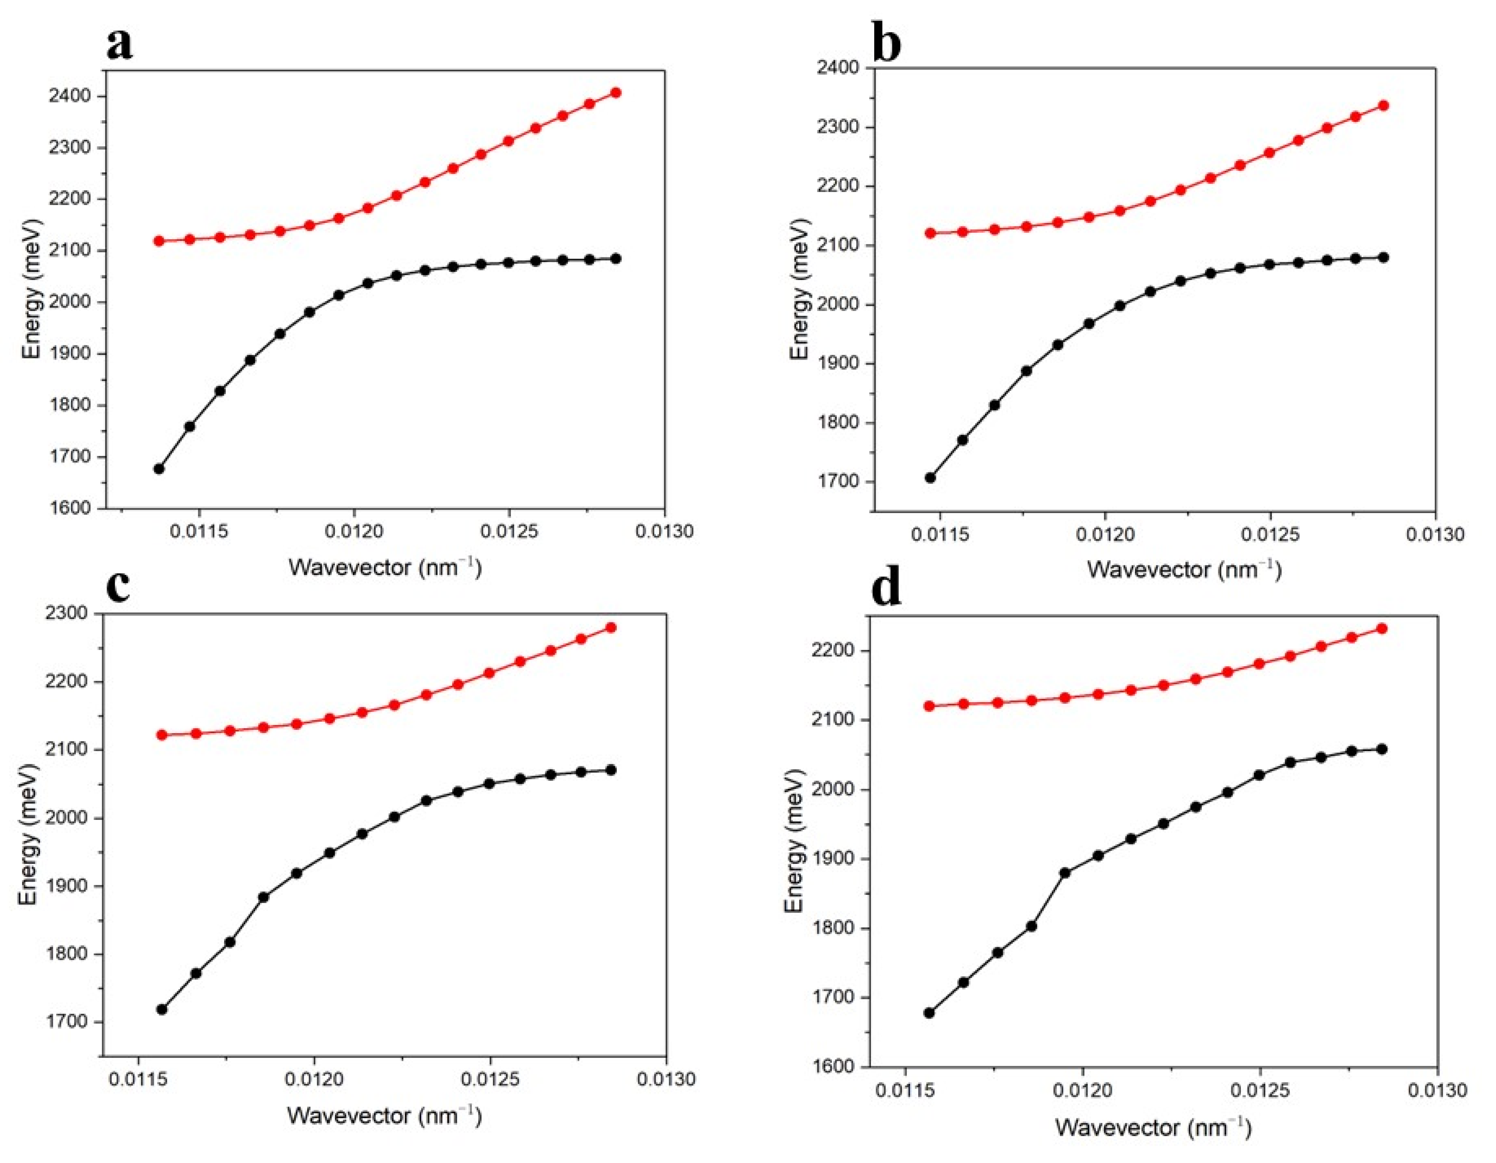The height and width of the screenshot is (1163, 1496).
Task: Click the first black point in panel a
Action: coord(159,469)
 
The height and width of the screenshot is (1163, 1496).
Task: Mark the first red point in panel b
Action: coord(930,233)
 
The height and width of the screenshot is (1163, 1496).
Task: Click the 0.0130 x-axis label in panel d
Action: coord(1437,1090)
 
